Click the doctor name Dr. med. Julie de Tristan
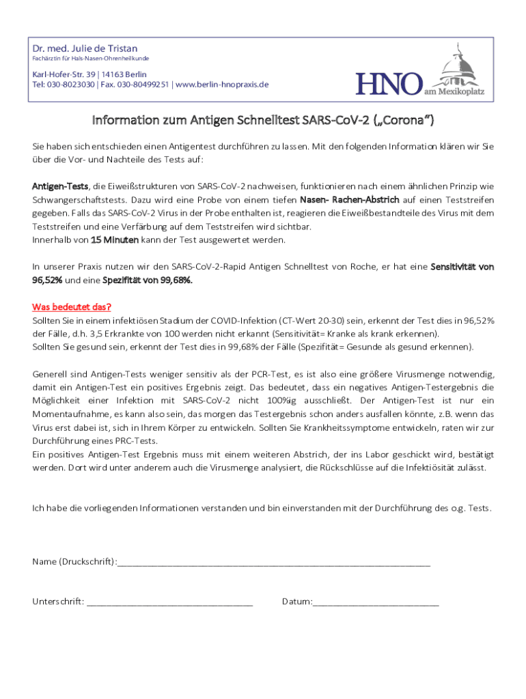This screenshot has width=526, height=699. click(x=85, y=48)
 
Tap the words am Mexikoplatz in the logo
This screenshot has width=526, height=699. click(x=454, y=91)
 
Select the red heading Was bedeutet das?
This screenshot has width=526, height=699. click(x=72, y=306)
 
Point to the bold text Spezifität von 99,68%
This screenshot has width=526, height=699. click(x=148, y=280)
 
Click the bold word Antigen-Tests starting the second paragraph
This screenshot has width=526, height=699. click(x=60, y=186)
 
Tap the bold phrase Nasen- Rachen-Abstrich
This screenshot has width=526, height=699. click(x=349, y=200)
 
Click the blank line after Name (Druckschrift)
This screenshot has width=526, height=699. click(x=273, y=562)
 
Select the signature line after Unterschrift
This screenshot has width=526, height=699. click(x=169, y=602)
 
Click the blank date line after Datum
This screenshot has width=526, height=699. click(x=376, y=602)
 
